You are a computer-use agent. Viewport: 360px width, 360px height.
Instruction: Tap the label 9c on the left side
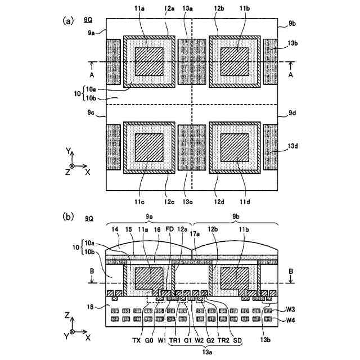tap(91, 114)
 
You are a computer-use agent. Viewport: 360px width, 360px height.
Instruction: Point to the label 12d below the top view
tap(220, 202)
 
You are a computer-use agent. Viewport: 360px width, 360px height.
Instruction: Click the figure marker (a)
tap(68, 21)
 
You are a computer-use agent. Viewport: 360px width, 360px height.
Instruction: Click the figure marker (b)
tap(69, 216)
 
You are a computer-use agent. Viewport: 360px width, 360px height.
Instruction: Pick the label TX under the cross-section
tap(136, 340)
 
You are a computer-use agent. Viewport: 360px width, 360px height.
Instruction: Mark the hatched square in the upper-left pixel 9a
tap(149, 61)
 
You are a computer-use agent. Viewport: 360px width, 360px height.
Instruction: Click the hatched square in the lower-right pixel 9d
tap(235, 148)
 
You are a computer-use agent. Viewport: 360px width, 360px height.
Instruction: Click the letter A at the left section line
tap(92, 74)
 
